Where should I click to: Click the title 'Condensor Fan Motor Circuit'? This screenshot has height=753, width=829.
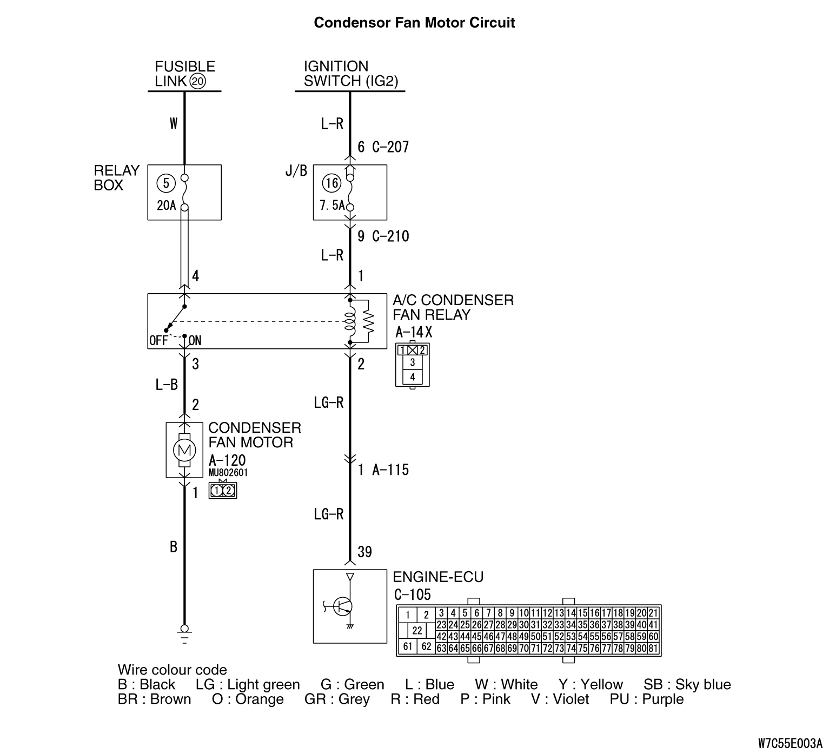tap(414, 23)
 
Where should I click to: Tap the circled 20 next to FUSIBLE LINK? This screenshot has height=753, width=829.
tap(198, 82)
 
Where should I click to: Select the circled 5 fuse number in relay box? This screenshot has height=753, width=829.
tap(165, 183)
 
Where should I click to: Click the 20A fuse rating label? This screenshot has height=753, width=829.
tap(167, 206)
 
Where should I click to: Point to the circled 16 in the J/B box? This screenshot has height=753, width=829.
tap(331, 183)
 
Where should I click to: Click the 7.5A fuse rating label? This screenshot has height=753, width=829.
tap(331, 206)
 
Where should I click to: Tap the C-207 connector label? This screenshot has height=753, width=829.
tap(390, 147)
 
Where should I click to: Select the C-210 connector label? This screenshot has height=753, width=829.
tap(390, 236)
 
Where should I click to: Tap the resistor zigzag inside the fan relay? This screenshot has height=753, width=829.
tap(369, 321)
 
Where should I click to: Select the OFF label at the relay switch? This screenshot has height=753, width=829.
tap(158, 341)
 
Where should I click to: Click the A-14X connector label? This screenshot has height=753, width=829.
tap(414, 332)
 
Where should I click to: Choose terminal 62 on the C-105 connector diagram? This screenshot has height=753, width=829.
tap(426, 646)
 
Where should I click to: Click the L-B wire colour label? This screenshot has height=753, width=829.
tap(167, 385)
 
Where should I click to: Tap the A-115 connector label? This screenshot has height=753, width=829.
tap(390, 470)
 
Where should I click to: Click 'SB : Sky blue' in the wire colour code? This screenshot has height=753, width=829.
tap(687, 684)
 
